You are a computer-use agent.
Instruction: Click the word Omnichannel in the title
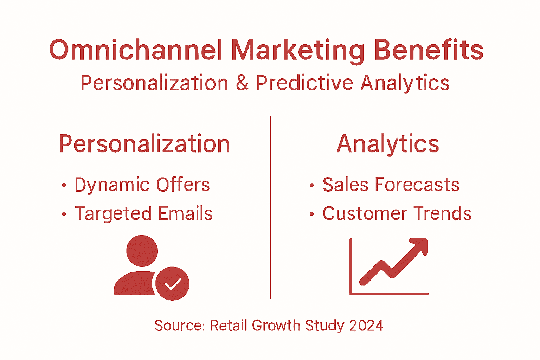[136, 50]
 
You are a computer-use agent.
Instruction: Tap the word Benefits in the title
[428, 50]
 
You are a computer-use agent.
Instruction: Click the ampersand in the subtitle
[242, 83]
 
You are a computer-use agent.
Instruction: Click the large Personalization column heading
[144, 144]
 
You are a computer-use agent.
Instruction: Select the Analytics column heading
[388, 144]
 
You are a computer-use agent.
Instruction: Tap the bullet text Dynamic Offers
[142, 185]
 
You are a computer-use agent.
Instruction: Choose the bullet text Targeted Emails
[144, 214]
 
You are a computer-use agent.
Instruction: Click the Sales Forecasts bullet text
[391, 185]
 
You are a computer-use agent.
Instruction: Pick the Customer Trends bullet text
[397, 214]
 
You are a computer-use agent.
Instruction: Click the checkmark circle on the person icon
[172, 284]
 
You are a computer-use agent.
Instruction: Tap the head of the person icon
[142, 251]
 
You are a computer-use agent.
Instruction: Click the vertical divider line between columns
[270, 207]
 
